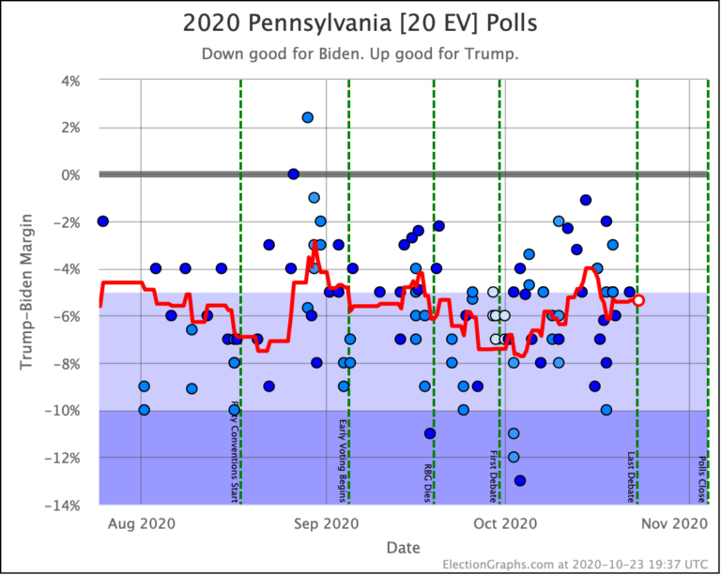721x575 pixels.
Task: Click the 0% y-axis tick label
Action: click(x=73, y=174)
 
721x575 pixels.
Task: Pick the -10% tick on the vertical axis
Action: click(x=68, y=411)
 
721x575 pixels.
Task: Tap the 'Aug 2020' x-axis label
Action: click(x=141, y=522)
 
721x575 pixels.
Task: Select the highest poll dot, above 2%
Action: click(x=307, y=117)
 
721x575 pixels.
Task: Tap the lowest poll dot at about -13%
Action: click(x=520, y=480)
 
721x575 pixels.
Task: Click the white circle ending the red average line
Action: click(x=638, y=300)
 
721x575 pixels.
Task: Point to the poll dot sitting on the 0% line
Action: click(x=293, y=174)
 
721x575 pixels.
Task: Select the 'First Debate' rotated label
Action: click(x=494, y=476)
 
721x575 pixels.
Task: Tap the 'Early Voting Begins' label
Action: click(x=343, y=460)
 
